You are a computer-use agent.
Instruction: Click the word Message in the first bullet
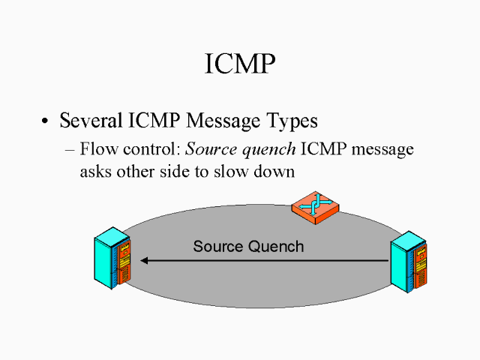point(215,120)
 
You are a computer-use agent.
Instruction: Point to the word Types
point(291,121)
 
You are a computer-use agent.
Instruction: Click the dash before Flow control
point(70,149)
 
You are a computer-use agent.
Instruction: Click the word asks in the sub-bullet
point(95,171)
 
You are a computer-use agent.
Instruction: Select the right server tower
point(409,262)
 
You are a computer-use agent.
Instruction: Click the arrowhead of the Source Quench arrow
point(145,260)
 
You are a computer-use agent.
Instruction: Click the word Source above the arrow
point(217,246)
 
